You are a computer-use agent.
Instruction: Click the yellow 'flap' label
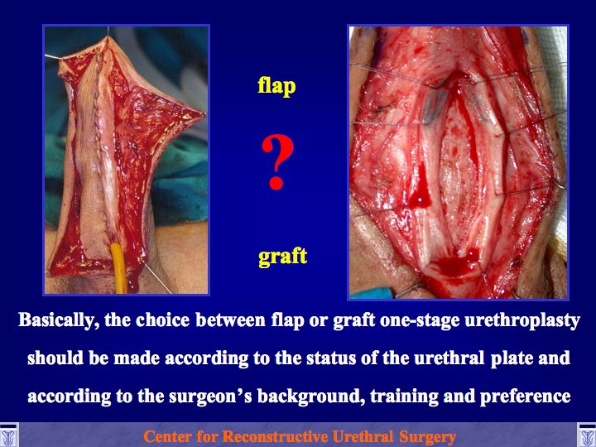pos(276,85)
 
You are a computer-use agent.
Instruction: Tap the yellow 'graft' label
pos(282,257)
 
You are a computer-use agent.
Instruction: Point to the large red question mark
pos(277,162)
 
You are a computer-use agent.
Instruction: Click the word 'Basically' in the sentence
pos(56,320)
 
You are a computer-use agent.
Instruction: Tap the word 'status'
pos(330,358)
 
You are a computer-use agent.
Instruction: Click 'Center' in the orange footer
pos(167,437)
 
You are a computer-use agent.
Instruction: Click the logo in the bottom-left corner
pos(8,435)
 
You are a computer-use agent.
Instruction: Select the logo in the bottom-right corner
pos(587,435)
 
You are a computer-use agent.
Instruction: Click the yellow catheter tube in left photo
pos(119,268)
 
